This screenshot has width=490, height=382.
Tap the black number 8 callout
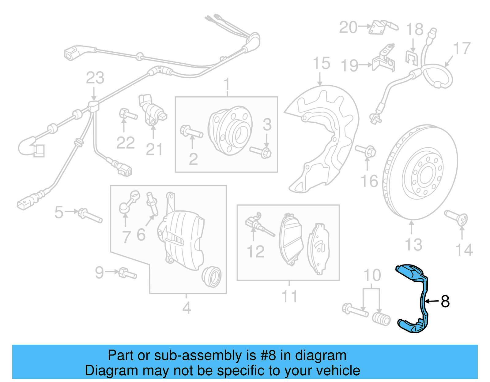click(445, 302)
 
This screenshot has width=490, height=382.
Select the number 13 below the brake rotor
click(413, 245)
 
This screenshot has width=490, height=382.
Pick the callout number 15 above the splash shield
click(321, 63)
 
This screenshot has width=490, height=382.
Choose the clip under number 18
click(412, 58)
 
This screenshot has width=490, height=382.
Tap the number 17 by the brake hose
click(462, 48)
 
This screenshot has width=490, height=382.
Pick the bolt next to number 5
click(90, 215)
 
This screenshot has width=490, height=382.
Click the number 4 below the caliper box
click(187, 308)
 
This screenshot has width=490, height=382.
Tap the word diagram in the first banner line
click(321, 355)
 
